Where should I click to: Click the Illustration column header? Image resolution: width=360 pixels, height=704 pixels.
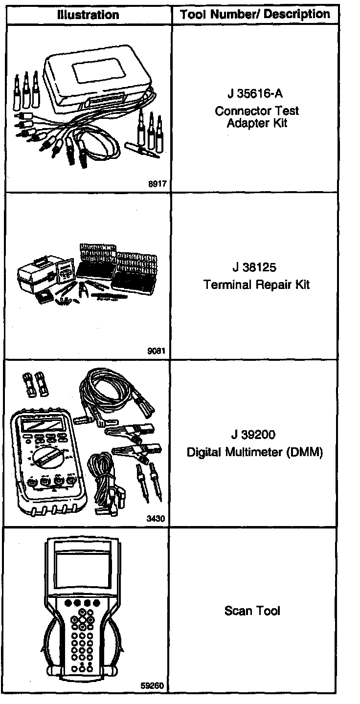coord(88,14)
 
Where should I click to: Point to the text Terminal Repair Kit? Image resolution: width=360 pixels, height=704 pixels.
coord(257,285)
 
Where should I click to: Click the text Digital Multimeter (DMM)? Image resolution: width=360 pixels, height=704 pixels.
coord(255,452)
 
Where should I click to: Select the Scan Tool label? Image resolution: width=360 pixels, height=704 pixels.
coord(252,611)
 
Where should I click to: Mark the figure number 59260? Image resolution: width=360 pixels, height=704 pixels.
coord(153,685)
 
